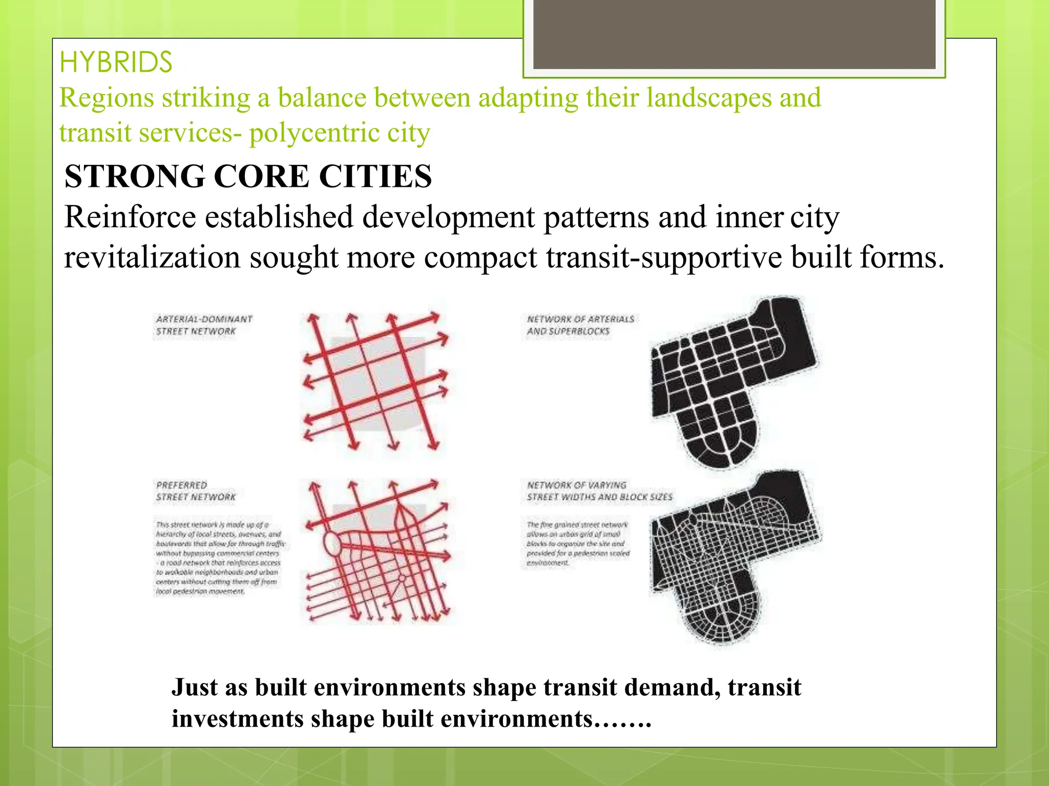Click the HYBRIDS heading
pyautogui.click(x=116, y=62)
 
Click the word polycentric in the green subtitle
pyautogui.click(x=313, y=134)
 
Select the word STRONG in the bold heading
pyautogui.click(x=134, y=177)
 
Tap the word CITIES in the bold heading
pyautogui.click(x=375, y=177)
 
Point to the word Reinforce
pyautogui.click(x=130, y=217)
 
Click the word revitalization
pyautogui.click(x=152, y=257)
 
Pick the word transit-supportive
pyautogui.click(x=663, y=257)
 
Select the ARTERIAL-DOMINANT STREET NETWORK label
pyautogui.click(x=204, y=325)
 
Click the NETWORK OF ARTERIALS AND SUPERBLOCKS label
pyautogui.click(x=580, y=325)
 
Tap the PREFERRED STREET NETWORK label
pyautogui.click(x=196, y=491)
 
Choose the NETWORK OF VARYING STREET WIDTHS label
pyautogui.click(x=599, y=491)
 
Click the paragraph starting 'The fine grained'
pyautogui.click(x=578, y=543)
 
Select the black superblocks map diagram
pyautogui.click(x=732, y=381)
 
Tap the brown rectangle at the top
pyautogui.click(x=734, y=34)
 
